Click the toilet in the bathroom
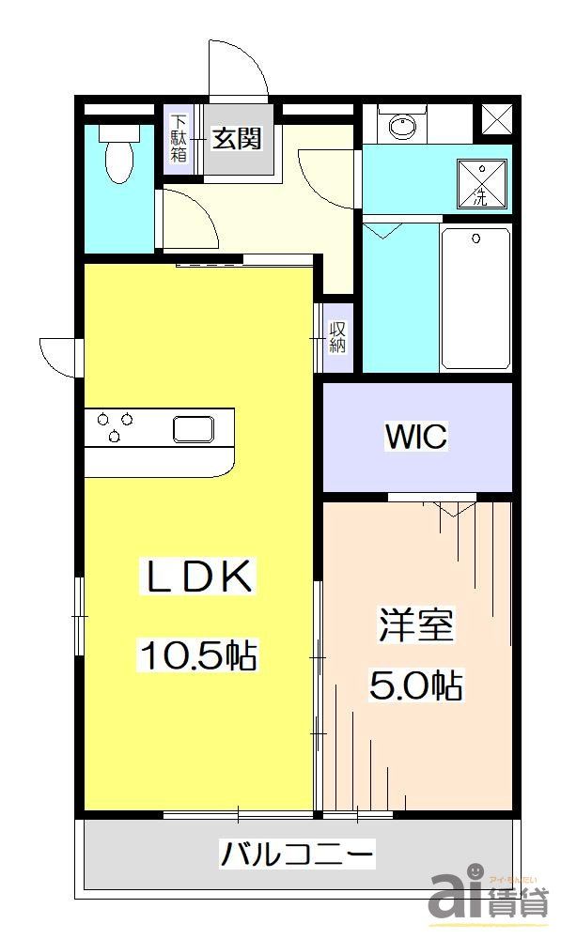[x=118, y=156]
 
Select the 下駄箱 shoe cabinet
[x=179, y=139]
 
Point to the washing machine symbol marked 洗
[x=481, y=182]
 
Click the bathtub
[x=475, y=298]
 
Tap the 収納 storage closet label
[x=338, y=337]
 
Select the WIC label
[x=416, y=437]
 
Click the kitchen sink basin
[x=193, y=429]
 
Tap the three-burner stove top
[x=115, y=427]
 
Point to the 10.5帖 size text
[x=197, y=654]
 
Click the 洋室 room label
[x=416, y=626]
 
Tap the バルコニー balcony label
[x=297, y=854]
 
